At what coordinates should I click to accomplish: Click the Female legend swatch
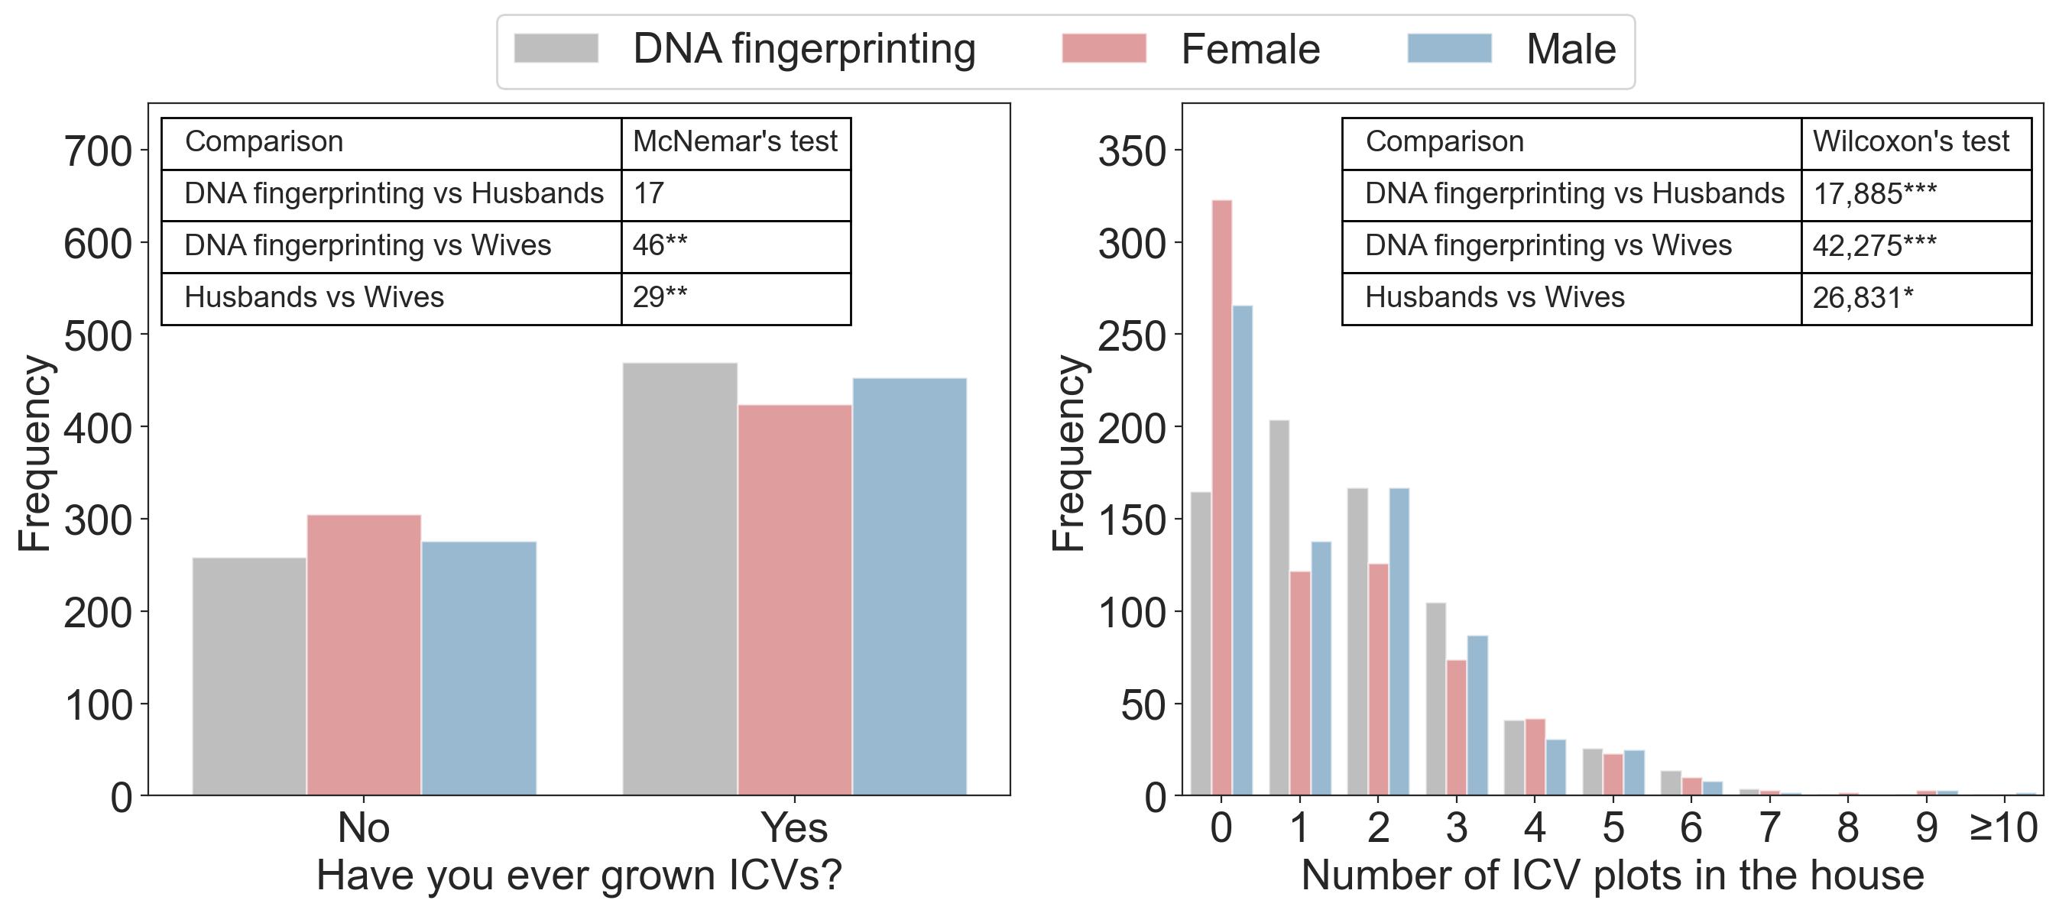(x=1103, y=48)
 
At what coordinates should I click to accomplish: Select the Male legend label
(x=1571, y=50)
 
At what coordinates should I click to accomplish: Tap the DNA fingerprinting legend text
(x=804, y=50)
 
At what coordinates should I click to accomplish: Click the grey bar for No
(x=248, y=675)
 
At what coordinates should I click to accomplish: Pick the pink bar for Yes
(x=795, y=599)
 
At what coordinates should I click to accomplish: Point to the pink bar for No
(x=364, y=654)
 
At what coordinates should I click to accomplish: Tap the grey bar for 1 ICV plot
(x=1279, y=607)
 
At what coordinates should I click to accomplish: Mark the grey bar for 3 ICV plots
(x=1435, y=698)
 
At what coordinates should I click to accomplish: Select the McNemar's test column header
(x=734, y=142)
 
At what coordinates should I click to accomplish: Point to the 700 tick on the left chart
(x=98, y=151)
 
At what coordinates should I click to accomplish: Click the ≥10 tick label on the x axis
(x=2002, y=827)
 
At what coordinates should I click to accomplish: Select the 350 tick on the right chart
(x=1131, y=151)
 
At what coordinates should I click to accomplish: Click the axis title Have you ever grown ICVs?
(x=579, y=876)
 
